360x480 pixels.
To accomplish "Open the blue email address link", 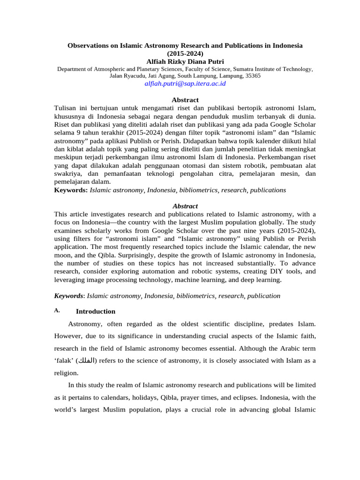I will click(185, 83).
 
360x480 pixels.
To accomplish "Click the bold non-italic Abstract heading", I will click(185, 100).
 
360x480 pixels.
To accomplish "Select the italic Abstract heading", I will click(185, 206).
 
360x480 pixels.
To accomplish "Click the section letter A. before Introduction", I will click(57, 311).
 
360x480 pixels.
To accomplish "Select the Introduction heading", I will click(96, 311).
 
